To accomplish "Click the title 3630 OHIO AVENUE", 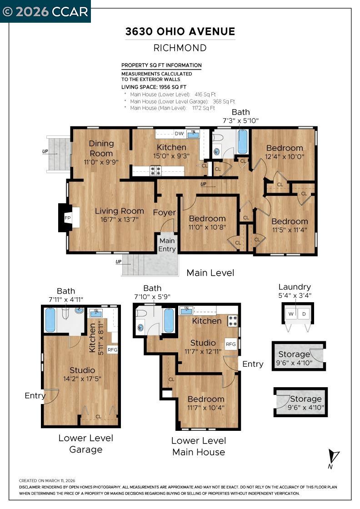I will pos(180,31).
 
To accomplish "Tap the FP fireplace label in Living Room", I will pos(67,218).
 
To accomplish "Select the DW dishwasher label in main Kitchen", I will pos(179,134).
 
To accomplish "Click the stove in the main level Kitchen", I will pos(155,171).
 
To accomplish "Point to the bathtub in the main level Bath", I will pos(243,142).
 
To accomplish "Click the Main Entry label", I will pos(167,245).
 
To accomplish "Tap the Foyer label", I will pos(164,213).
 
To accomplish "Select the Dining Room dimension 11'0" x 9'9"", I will pos(101,162).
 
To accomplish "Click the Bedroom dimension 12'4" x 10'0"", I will pos(285,157).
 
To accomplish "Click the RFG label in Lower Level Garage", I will pos(112,349).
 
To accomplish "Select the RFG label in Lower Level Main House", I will pos(231,344).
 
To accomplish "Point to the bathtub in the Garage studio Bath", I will pos(50,320).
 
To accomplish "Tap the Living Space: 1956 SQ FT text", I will pos(154,86).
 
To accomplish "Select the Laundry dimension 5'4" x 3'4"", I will pos(295,295).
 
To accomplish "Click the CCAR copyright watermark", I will pos(45,11).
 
